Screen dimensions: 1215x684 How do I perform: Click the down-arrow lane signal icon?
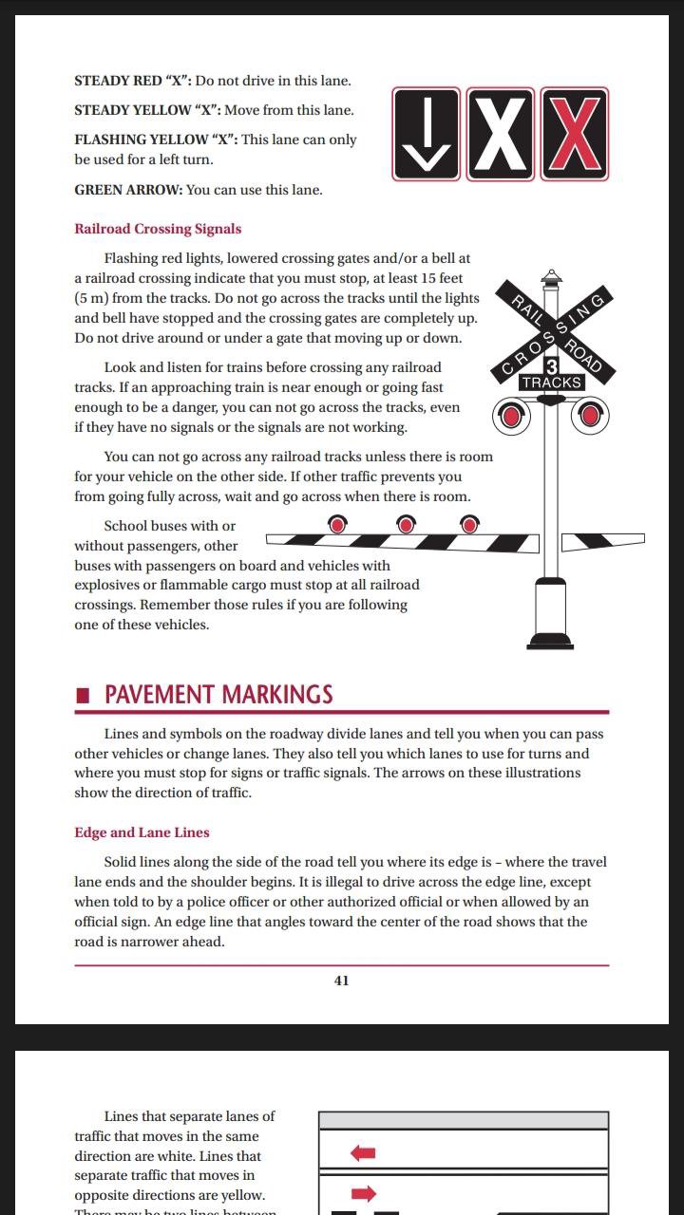(427, 134)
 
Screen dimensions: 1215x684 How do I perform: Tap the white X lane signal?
(501, 134)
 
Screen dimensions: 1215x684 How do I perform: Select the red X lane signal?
(574, 134)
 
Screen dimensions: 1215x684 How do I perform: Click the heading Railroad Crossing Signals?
(158, 229)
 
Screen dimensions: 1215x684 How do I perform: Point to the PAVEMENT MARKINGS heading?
(218, 694)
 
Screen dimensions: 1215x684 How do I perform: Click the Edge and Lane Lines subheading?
(142, 832)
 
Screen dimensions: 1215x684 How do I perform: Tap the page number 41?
(341, 981)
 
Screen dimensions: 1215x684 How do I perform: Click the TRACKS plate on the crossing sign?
(551, 383)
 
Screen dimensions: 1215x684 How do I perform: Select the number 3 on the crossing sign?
(551, 365)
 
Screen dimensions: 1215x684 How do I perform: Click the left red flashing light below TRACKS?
(511, 415)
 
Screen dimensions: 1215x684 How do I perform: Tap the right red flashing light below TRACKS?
(591, 415)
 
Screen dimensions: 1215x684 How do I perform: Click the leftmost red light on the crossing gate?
(337, 524)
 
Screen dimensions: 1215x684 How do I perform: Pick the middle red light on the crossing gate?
(406, 524)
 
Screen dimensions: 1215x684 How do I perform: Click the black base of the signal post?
(550, 641)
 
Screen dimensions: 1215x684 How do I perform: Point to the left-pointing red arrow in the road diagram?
(363, 1153)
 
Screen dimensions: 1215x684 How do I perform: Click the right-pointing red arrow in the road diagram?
(363, 1193)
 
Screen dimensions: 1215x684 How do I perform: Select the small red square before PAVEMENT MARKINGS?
(84, 695)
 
